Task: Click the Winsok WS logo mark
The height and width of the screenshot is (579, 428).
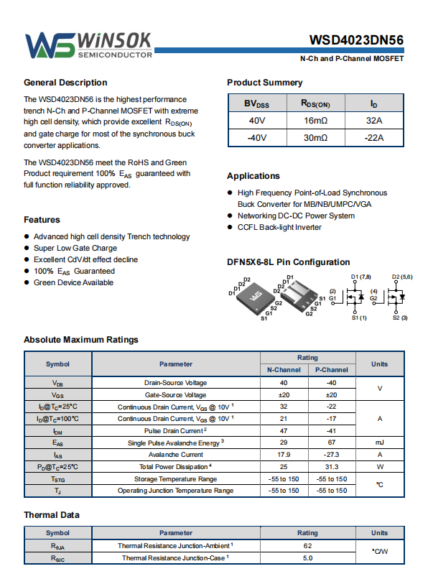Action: (x=50, y=45)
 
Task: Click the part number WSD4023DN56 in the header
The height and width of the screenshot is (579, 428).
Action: (x=356, y=40)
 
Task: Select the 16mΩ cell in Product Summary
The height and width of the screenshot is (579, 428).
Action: (x=316, y=121)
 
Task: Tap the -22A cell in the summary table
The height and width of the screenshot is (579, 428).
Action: (x=374, y=138)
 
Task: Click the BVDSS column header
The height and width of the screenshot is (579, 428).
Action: (x=257, y=103)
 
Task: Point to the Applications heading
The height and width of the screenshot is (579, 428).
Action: (x=253, y=176)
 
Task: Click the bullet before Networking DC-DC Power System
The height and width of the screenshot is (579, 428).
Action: (x=230, y=216)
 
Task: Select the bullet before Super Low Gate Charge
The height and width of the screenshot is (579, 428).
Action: (x=27, y=248)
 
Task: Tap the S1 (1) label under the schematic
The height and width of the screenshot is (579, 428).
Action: (x=359, y=318)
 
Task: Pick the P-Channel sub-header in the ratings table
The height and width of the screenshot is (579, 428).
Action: (x=332, y=370)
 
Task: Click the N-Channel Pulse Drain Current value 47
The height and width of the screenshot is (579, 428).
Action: (x=284, y=430)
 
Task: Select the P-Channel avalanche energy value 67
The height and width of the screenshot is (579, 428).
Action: (x=332, y=443)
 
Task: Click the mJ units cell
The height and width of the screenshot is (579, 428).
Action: (x=380, y=443)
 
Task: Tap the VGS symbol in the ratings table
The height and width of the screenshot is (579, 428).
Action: (x=57, y=394)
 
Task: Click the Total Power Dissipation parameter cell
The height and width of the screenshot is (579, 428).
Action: (x=176, y=467)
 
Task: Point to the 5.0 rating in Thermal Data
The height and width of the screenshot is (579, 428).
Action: (x=307, y=558)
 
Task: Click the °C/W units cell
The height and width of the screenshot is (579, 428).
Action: (x=380, y=551)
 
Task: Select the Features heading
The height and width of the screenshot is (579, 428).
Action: (x=42, y=220)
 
